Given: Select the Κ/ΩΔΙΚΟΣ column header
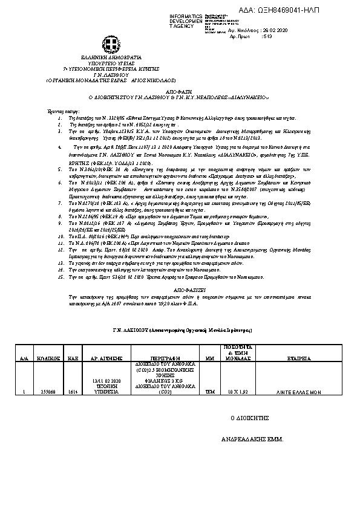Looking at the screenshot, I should tap(47, 358).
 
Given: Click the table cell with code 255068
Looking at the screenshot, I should tap(47, 392).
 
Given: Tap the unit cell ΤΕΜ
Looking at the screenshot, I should tap(210, 392).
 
